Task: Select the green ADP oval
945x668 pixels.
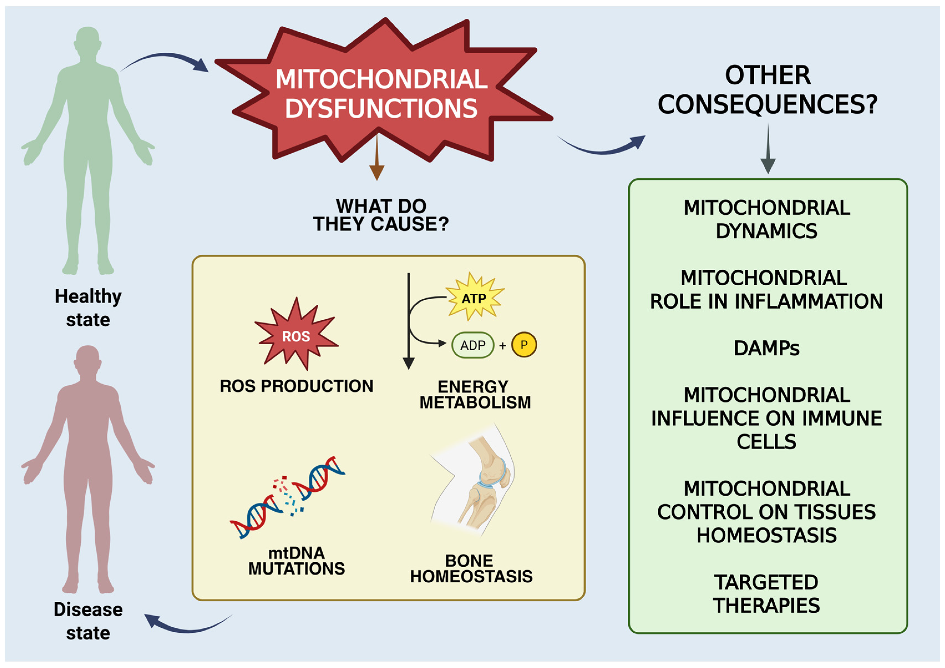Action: click(x=473, y=345)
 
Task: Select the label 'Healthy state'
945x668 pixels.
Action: click(x=88, y=308)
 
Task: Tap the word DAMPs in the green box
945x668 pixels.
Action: click(x=766, y=348)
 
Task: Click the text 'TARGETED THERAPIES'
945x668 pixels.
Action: click(x=766, y=594)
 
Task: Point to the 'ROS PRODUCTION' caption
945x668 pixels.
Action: click(x=296, y=386)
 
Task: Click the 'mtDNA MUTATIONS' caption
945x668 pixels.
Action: click(x=296, y=561)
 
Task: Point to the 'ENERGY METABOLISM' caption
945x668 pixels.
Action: click(x=475, y=394)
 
